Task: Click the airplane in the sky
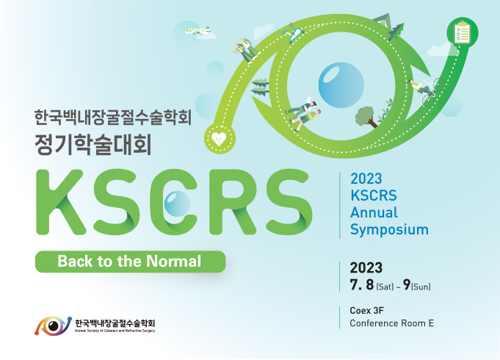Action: tap(198, 31)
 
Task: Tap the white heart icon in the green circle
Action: tap(219, 139)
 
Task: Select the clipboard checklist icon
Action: tap(462, 32)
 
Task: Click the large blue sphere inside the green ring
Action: tap(341, 85)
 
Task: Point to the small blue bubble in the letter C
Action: tap(177, 204)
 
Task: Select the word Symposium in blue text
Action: tap(389, 230)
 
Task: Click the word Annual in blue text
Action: tap(374, 212)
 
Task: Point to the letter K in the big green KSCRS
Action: tap(61, 202)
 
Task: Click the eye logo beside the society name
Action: tap(53, 326)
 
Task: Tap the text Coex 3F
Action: tap(366, 311)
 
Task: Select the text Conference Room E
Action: tap(392, 323)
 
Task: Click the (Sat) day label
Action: tap(385, 287)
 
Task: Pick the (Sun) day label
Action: tap(421, 287)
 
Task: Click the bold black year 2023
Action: tap(366, 268)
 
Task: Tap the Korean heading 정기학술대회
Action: tap(93, 145)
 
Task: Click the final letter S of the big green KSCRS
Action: tap(289, 202)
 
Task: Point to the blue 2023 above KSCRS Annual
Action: tap(366, 179)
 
